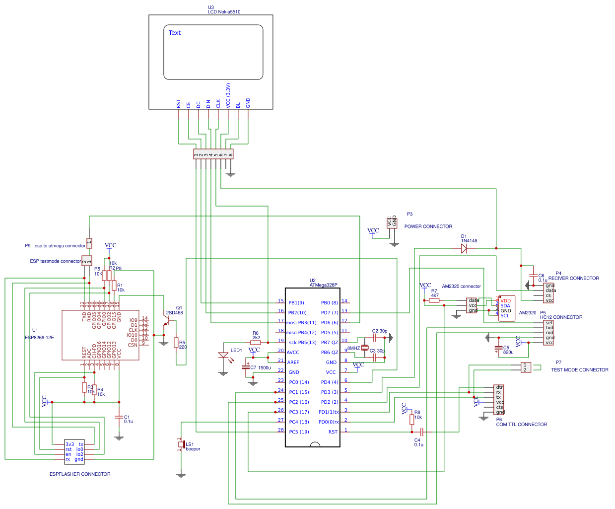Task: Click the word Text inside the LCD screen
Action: tap(175, 33)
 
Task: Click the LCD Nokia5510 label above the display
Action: tap(224, 12)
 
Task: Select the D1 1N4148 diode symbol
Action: tap(464, 249)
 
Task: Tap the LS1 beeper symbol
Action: tap(182, 444)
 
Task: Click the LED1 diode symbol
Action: tap(223, 356)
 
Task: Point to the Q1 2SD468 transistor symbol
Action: tap(167, 323)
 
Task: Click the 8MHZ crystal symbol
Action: tap(365, 348)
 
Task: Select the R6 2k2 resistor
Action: tap(256, 343)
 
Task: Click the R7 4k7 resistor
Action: tap(434, 300)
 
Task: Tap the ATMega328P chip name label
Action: tap(324, 285)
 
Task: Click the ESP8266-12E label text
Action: tap(39, 338)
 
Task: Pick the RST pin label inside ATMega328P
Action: tap(333, 432)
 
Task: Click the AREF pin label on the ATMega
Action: tap(293, 363)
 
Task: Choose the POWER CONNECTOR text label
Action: tap(428, 226)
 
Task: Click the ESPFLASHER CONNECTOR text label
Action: tap(80, 474)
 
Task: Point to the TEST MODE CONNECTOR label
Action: tap(580, 370)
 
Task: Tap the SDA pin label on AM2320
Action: tap(505, 306)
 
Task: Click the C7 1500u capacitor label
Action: tap(261, 368)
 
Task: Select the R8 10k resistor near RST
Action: tap(411, 420)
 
